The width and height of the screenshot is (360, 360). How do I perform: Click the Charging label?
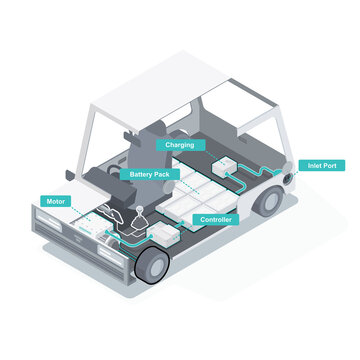(x=179, y=145)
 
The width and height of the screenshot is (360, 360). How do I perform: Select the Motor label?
(x=57, y=200)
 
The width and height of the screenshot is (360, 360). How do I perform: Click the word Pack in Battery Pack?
(x=162, y=174)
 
